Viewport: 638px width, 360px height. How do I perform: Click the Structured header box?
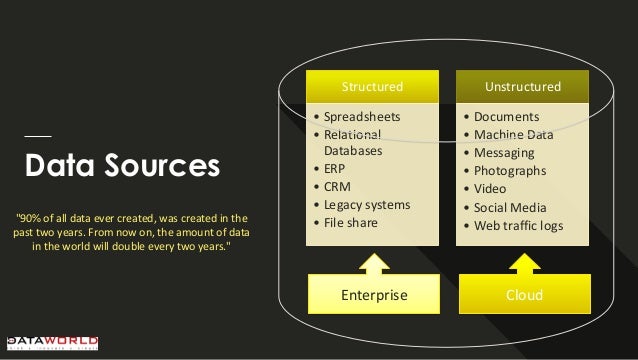[372, 86]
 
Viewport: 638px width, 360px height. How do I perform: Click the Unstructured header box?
[523, 86]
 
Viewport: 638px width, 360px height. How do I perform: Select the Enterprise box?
[372, 295]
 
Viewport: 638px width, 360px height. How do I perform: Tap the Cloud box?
[523, 295]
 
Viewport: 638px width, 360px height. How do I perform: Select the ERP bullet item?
[335, 169]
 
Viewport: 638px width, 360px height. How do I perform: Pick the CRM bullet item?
[337, 187]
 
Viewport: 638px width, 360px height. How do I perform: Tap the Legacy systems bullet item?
[366, 205]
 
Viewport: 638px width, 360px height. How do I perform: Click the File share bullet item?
[350, 222]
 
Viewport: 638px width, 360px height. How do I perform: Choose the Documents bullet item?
[506, 117]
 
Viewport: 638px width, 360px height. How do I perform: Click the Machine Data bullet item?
[513, 135]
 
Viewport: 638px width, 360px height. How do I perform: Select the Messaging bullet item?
[504, 153]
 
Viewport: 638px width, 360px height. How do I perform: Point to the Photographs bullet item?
[510, 171]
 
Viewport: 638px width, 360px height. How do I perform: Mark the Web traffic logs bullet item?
[518, 225]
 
